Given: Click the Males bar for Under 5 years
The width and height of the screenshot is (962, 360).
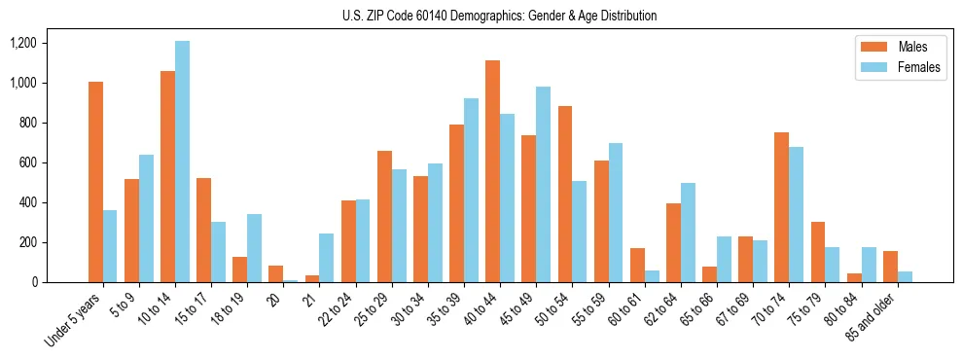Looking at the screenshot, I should pyautogui.click(x=95, y=182).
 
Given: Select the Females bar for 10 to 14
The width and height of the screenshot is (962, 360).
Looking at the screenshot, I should pyautogui.click(x=182, y=162).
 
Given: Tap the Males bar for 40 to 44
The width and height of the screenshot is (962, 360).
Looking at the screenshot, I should pyautogui.click(x=492, y=171).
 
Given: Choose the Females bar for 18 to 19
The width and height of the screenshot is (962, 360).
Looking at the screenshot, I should pyautogui.click(x=254, y=248).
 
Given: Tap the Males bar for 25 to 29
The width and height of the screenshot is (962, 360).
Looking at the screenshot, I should pyautogui.click(x=384, y=217).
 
